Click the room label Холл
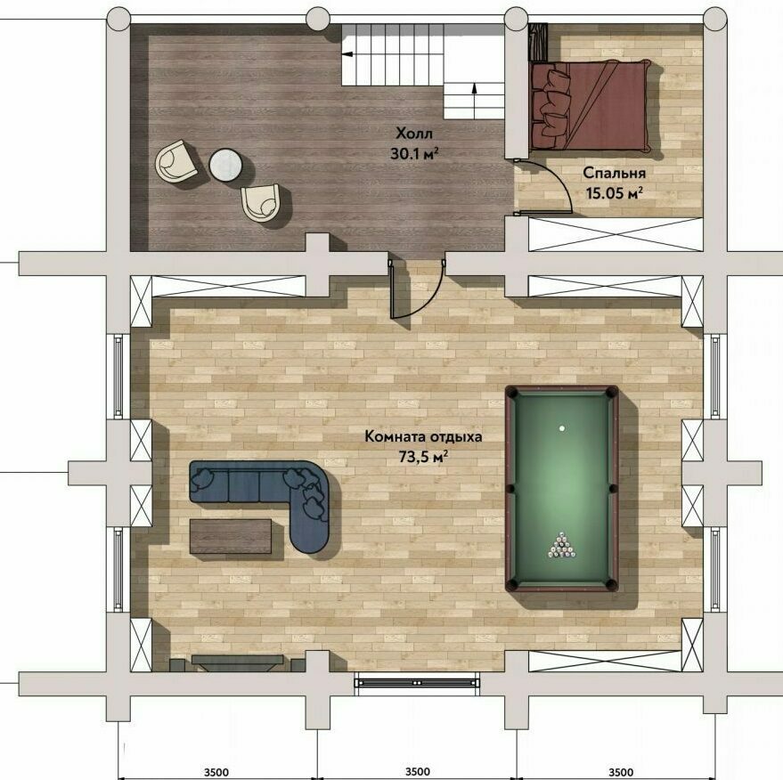[414, 134]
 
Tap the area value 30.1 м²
[414, 154]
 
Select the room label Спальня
[615, 173]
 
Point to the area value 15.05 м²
[615, 193]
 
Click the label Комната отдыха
[423, 436]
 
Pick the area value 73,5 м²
[423, 456]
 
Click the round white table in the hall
[225, 165]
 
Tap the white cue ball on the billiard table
[562, 428]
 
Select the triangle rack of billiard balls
[561, 546]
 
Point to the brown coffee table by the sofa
[231, 536]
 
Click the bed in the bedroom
[591, 105]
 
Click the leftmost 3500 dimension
[216, 772]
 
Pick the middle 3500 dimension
[418, 772]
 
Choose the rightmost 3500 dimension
[621, 772]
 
